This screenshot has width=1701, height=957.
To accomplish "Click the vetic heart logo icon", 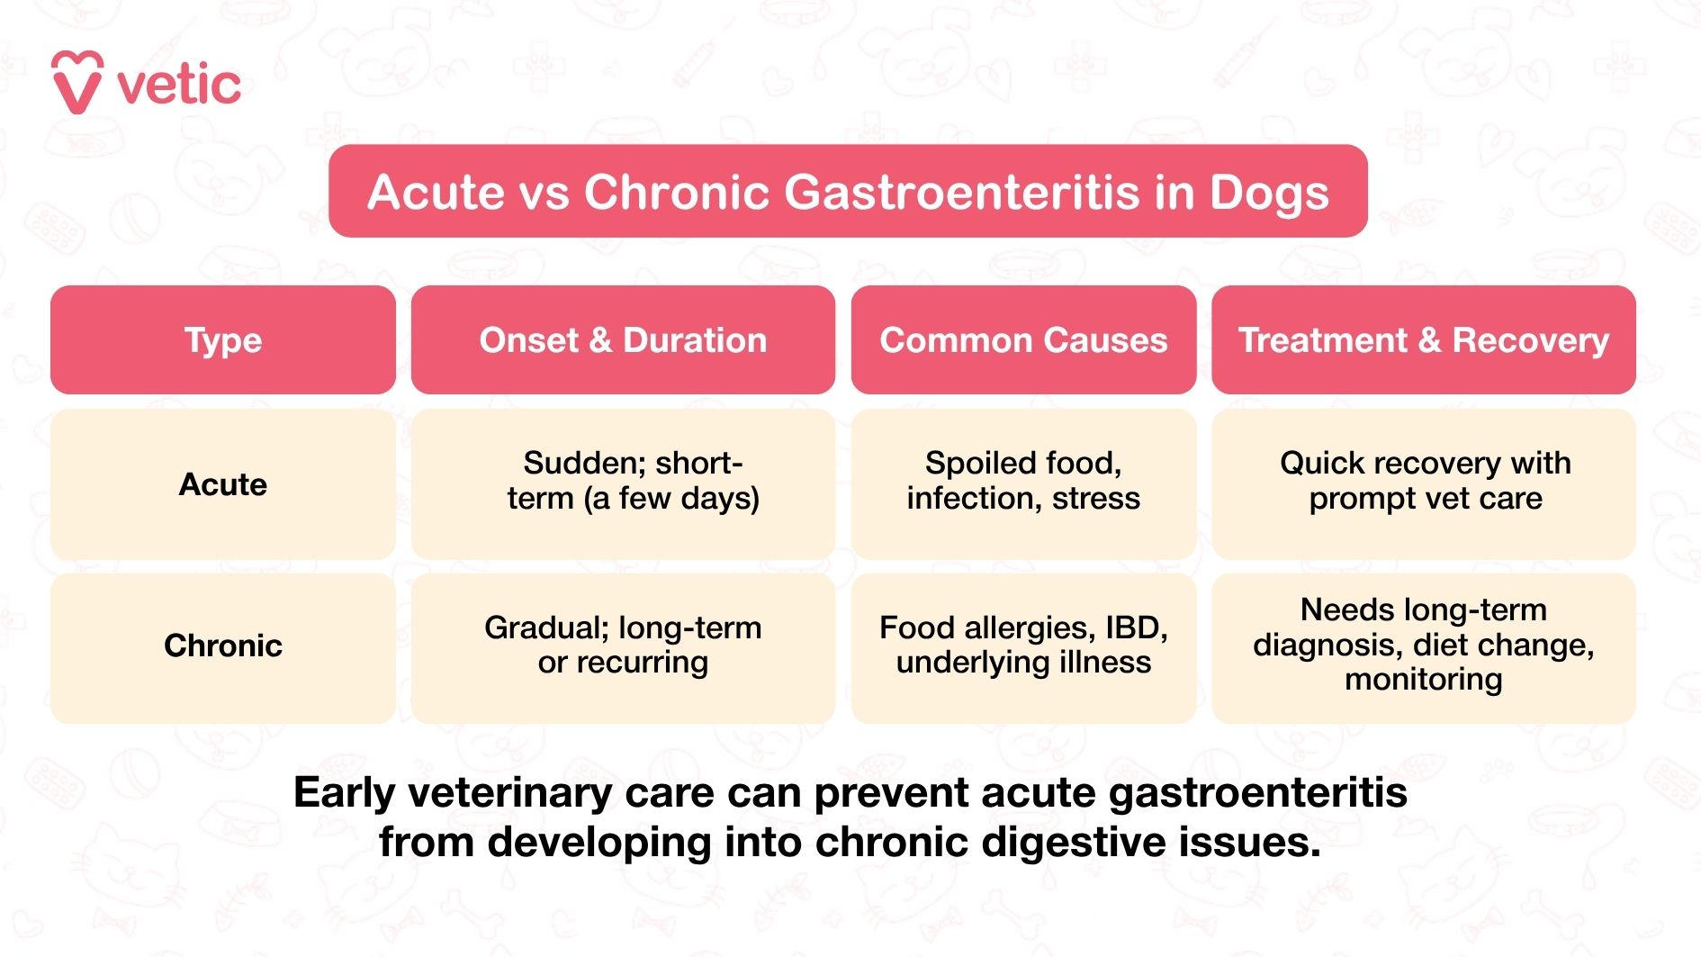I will click(x=76, y=83).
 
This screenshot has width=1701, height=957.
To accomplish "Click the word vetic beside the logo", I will click(x=179, y=86).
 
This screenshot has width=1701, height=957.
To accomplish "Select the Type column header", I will click(x=223, y=340).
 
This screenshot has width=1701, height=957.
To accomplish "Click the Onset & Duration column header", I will click(x=623, y=340).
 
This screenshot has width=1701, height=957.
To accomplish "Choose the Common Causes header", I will click(x=1023, y=340).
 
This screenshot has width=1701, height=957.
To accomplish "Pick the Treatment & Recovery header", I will click(x=1423, y=340).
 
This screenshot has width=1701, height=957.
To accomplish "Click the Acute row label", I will click(x=223, y=484).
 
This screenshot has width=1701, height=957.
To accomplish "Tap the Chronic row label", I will click(x=223, y=646).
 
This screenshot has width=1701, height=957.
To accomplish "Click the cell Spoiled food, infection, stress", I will click(x=1023, y=481).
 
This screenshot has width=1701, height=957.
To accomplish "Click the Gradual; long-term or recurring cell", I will click(x=623, y=645).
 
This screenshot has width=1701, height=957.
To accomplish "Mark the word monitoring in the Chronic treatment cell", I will click(x=1423, y=680).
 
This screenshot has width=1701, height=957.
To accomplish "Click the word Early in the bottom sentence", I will click(x=345, y=793).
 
